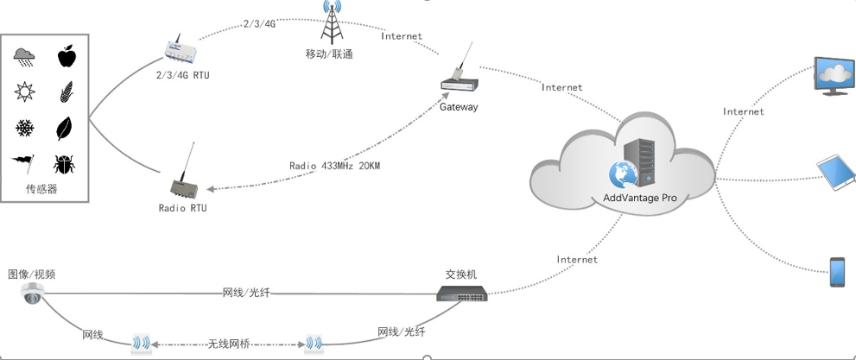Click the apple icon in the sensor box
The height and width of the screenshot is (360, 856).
pyautogui.click(x=66, y=57)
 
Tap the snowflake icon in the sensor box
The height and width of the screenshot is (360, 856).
pyautogui.click(x=25, y=129)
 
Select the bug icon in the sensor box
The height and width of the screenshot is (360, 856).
pyautogui.click(x=64, y=164)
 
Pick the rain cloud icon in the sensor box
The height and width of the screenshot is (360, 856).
pyautogui.click(x=25, y=58)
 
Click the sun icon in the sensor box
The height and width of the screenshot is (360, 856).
pyautogui.click(x=25, y=92)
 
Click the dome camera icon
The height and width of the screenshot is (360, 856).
pyautogui.click(x=33, y=294)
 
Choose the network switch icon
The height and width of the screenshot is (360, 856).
pyautogui.click(x=461, y=294)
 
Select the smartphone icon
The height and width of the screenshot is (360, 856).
pyautogui.click(x=837, y=271)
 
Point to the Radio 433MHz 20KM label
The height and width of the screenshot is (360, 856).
pyautogui.click(x=334, y=165)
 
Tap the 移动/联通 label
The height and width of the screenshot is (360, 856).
pyautogui.click(x=328, y=54)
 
